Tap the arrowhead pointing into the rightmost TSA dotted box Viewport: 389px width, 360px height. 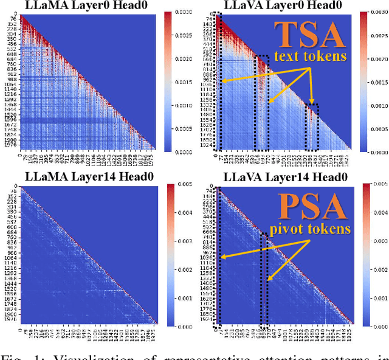click(312, 104)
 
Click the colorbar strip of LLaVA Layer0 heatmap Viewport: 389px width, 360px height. click(363, 81)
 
